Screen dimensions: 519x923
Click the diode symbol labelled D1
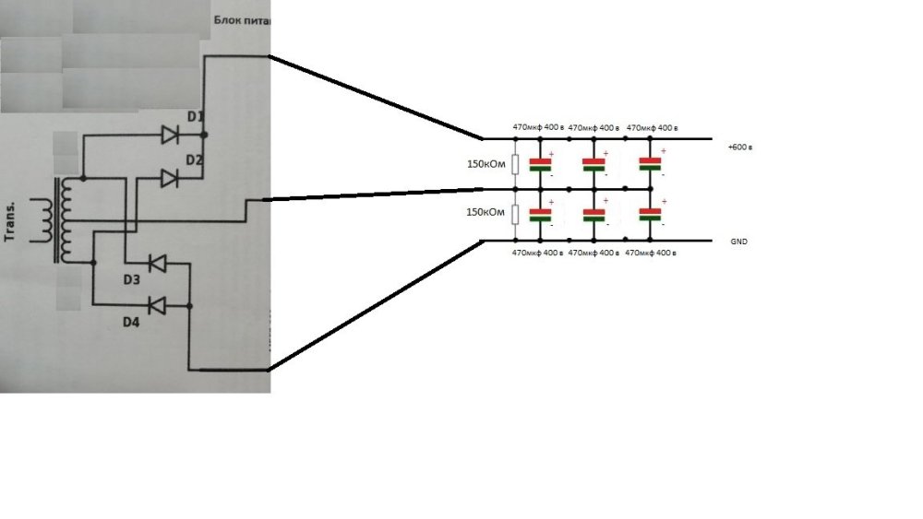coord(170,136)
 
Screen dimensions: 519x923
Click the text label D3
coord(131,278)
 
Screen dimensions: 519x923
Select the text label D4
coord(133,322)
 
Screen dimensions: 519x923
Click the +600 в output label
coord(740,147)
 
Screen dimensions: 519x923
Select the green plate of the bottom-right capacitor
coord(652,219)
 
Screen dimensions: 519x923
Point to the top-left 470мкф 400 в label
coord(538,127)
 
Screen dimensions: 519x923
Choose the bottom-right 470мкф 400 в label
coord(652,252)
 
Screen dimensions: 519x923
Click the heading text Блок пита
coord(242,19)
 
